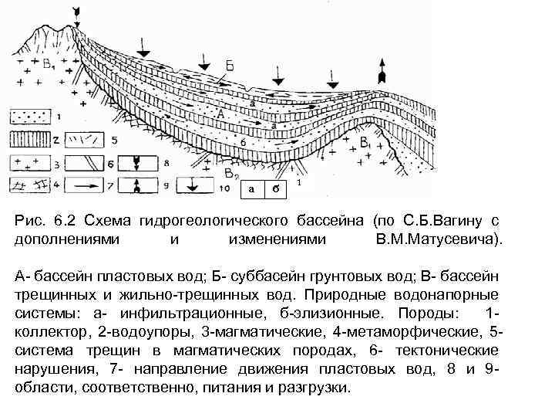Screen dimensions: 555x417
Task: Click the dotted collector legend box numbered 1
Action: tap(29, 117)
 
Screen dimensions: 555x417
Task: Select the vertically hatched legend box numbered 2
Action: tap(29, 139)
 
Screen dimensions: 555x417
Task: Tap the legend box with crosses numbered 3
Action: tap(29, 163)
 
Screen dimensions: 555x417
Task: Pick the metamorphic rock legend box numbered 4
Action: tap(29, 185)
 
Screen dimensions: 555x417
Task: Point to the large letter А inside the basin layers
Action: tap(220, 114)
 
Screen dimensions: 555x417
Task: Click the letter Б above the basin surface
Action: tap(230, 67)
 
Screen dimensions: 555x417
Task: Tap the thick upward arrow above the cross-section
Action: tap(381, 73)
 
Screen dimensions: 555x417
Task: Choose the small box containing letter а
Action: tap(251, 188)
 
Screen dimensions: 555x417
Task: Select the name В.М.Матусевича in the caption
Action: tap(437, 239)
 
